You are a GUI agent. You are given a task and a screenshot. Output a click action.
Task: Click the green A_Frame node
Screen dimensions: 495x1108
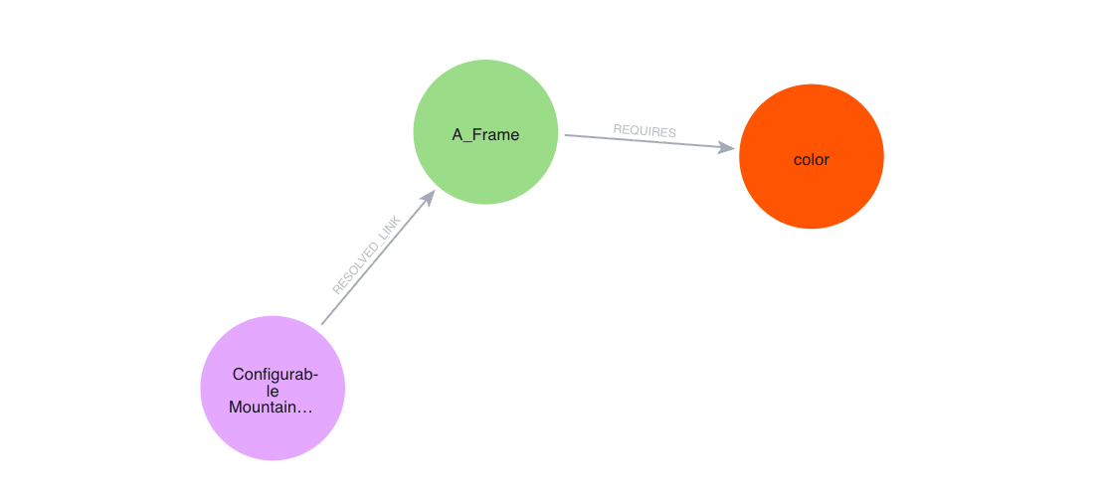click(485, 132)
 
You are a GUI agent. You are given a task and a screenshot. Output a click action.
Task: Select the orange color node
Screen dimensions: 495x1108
click(811, 157)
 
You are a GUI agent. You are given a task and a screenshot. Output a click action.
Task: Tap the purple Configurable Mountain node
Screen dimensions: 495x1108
click(273, 388)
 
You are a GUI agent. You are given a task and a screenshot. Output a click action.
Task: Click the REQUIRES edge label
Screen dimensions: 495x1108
click(645, 131)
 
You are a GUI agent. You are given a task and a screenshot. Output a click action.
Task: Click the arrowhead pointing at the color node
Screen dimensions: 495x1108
click(727, 148)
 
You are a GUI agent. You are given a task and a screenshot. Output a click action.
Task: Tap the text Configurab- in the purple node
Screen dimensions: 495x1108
click(275, 375)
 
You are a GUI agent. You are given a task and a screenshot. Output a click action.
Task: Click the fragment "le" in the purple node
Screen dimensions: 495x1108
click(273, 391)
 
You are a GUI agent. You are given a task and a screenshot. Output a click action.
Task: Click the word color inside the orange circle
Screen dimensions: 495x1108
click(811, 159)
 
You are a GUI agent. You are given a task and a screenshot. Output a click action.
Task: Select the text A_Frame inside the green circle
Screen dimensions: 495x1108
click(485, 135)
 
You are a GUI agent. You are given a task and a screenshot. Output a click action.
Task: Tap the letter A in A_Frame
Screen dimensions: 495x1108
click(458, 135)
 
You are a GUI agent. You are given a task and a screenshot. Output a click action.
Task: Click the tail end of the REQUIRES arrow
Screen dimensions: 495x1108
click(566, 135)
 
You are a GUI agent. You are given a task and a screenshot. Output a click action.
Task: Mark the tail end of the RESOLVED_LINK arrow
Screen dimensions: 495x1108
click(322, 323)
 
